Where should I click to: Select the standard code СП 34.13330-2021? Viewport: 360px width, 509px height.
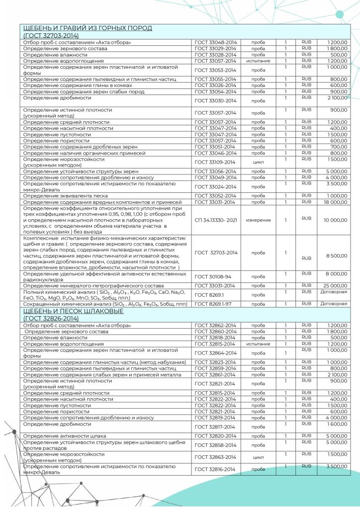click(x=215, y=220)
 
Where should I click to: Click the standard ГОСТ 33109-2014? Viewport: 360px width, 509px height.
click(x=215, y=162)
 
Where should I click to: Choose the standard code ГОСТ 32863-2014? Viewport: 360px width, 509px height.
click(x=215, y=457)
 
